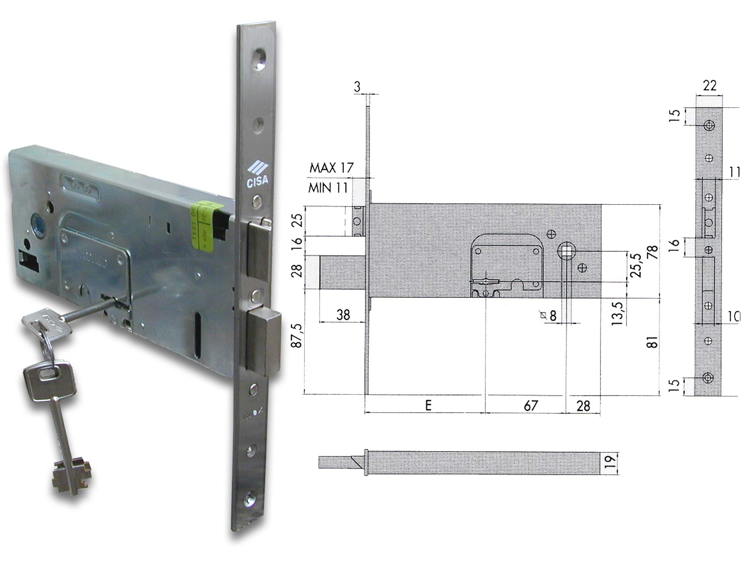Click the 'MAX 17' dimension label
coord(331,168)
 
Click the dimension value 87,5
coord(298,336)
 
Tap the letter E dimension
coord(428,406)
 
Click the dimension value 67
coord(530,406)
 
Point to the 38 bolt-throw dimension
coord(343,314)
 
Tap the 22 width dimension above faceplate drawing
coord(710,86)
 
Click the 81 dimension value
coord(653,342)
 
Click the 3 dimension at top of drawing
coord(357,87)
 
